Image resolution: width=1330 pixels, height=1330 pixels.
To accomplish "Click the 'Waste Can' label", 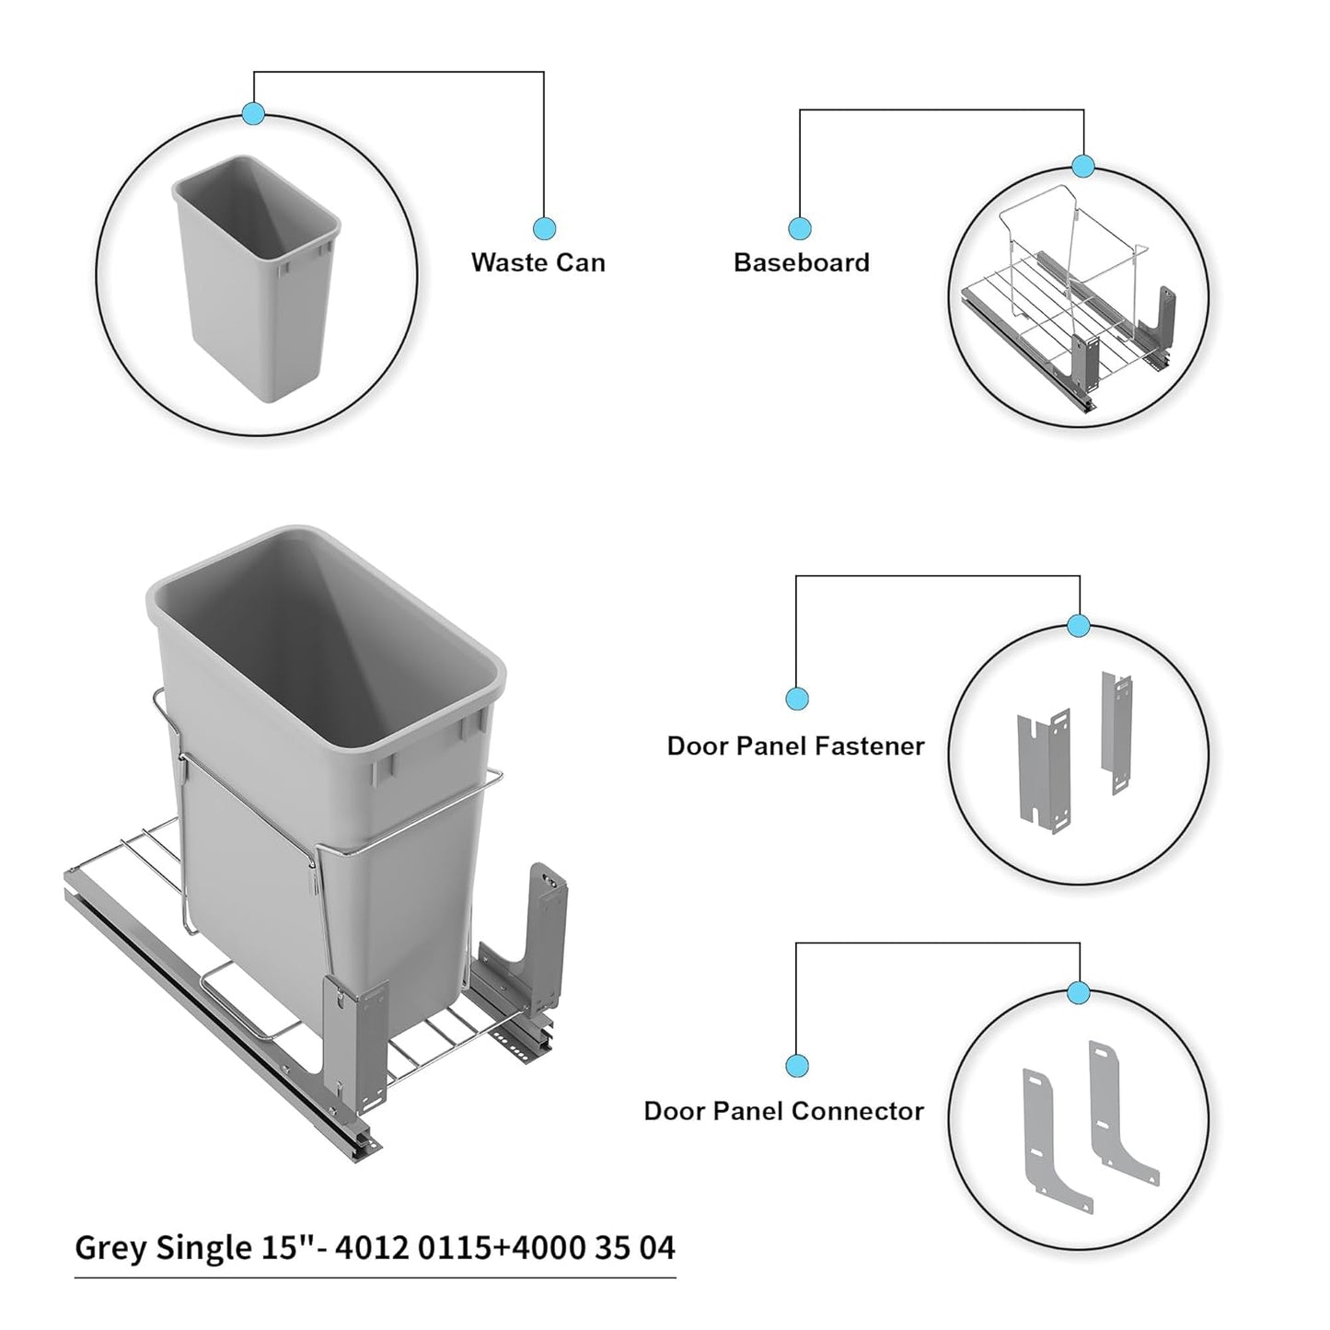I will [x=538, y=262].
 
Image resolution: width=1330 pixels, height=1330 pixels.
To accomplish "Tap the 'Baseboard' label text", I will [x=801, y=262].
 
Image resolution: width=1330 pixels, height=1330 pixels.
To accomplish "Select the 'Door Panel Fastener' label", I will [x=795, y=746].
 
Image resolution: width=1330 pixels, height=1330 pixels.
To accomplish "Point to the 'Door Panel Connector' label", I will [x=783, y=1111].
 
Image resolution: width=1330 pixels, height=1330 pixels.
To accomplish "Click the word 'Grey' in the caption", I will [x=110, y=1248].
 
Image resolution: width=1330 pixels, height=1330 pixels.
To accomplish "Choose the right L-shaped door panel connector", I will [x=1118, y=1109].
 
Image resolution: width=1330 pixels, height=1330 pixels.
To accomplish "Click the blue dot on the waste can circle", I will [x=253, y=114].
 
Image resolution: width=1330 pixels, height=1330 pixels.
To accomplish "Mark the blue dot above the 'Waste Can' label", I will [x=544, y=228].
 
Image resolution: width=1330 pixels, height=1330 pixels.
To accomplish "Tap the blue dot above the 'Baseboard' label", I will [x=800, y=228].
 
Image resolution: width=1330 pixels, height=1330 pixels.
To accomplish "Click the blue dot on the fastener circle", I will [x=1079, y=627].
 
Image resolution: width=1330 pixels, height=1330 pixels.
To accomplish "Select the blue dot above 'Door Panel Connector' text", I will [x=797, y=1066].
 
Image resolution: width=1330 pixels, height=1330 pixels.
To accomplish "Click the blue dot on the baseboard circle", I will [x=1083, y=167].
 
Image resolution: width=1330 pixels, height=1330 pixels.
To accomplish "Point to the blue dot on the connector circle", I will [x=1079, y=993].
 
